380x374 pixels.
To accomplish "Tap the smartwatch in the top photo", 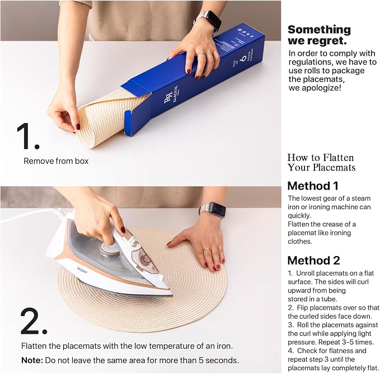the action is click(x=211, y=20).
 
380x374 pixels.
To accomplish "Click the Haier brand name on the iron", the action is click(x=82, y=270).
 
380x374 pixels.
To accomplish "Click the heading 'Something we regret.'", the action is click(x=319, y=35).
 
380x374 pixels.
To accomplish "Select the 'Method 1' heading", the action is click(x=313, y=186).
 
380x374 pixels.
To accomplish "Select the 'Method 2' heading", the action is click(x=313, y=261).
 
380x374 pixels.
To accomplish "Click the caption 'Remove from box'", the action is click(x=56, y=161).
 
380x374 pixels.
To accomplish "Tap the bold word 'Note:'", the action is click(x=32, y=360).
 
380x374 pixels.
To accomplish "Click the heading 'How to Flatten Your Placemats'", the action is click(x=321, y=163).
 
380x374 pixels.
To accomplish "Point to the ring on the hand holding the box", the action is click(x=201, y=53).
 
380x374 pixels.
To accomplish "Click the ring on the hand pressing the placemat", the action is click(x=207, y=249).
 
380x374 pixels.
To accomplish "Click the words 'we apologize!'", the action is click(x=315, y=88).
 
